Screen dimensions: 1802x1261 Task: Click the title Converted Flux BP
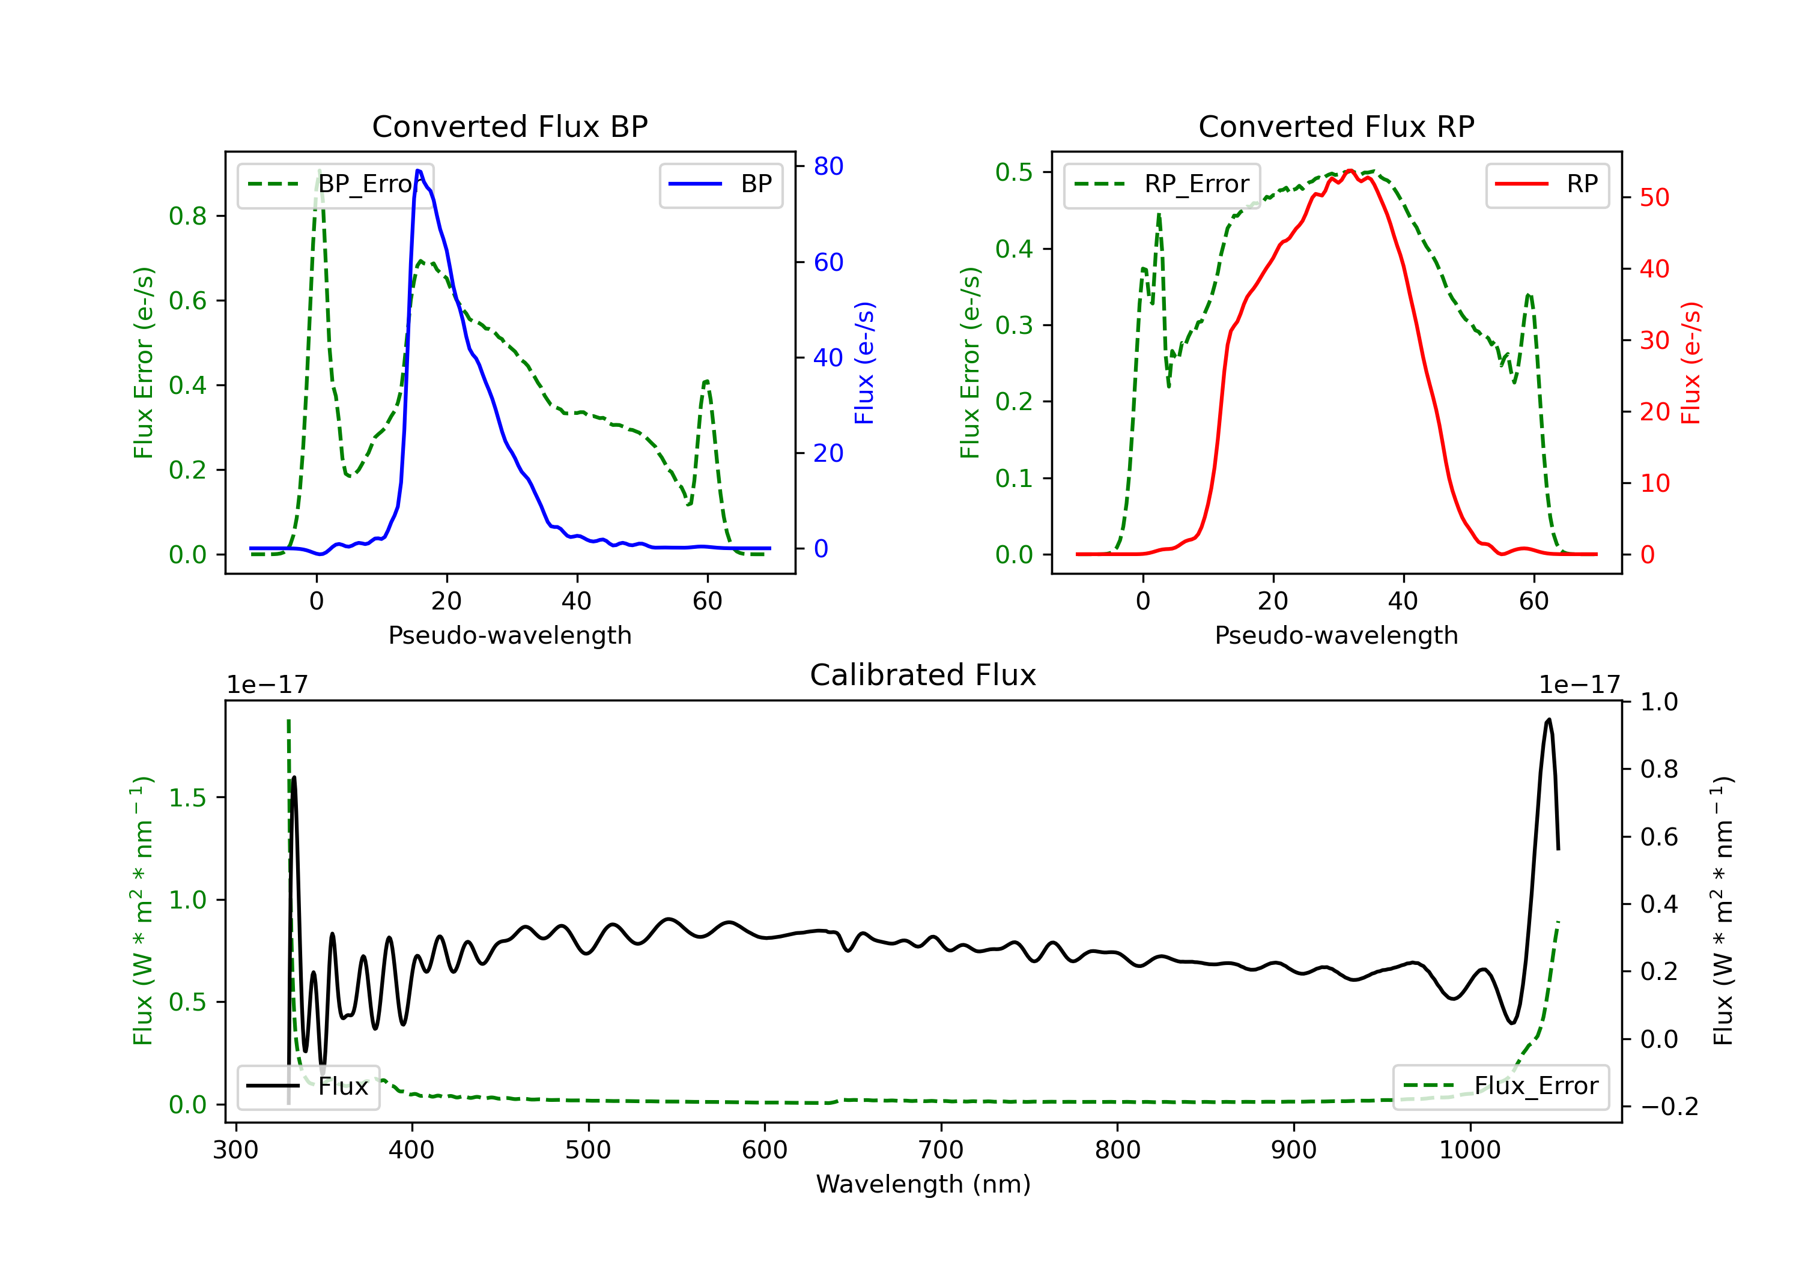click(x=510, y=126)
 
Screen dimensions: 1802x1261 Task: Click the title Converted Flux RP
click(x=1336, y=126)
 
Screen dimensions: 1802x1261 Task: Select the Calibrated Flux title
click(x=923, y=675)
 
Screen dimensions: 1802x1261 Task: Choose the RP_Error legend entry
click(x=1162, y=184)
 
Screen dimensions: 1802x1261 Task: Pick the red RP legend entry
click(x=1547, y=184)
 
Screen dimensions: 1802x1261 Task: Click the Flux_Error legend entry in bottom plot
click(x=1500, y=1086)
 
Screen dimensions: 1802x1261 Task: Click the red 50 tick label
click(x=1654, y=198)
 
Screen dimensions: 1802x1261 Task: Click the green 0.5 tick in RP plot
click(x=1014, y=172)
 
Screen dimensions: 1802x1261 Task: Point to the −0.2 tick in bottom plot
click(x=1668, y=1107)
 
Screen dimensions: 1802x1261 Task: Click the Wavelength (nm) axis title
click(x=923, y=1184)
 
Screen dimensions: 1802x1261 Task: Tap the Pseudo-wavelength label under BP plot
click(x=510, y=635)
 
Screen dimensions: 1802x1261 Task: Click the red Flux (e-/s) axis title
click(x=1690, y=363)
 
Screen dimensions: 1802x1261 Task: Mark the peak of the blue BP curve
click(x=418, y=171)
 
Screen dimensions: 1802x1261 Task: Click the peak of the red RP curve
click(x=1350, y=171)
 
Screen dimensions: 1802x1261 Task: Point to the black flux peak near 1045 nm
click(x=1549, y=719)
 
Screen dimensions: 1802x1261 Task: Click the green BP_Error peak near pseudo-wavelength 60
click(x=707, y=382)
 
